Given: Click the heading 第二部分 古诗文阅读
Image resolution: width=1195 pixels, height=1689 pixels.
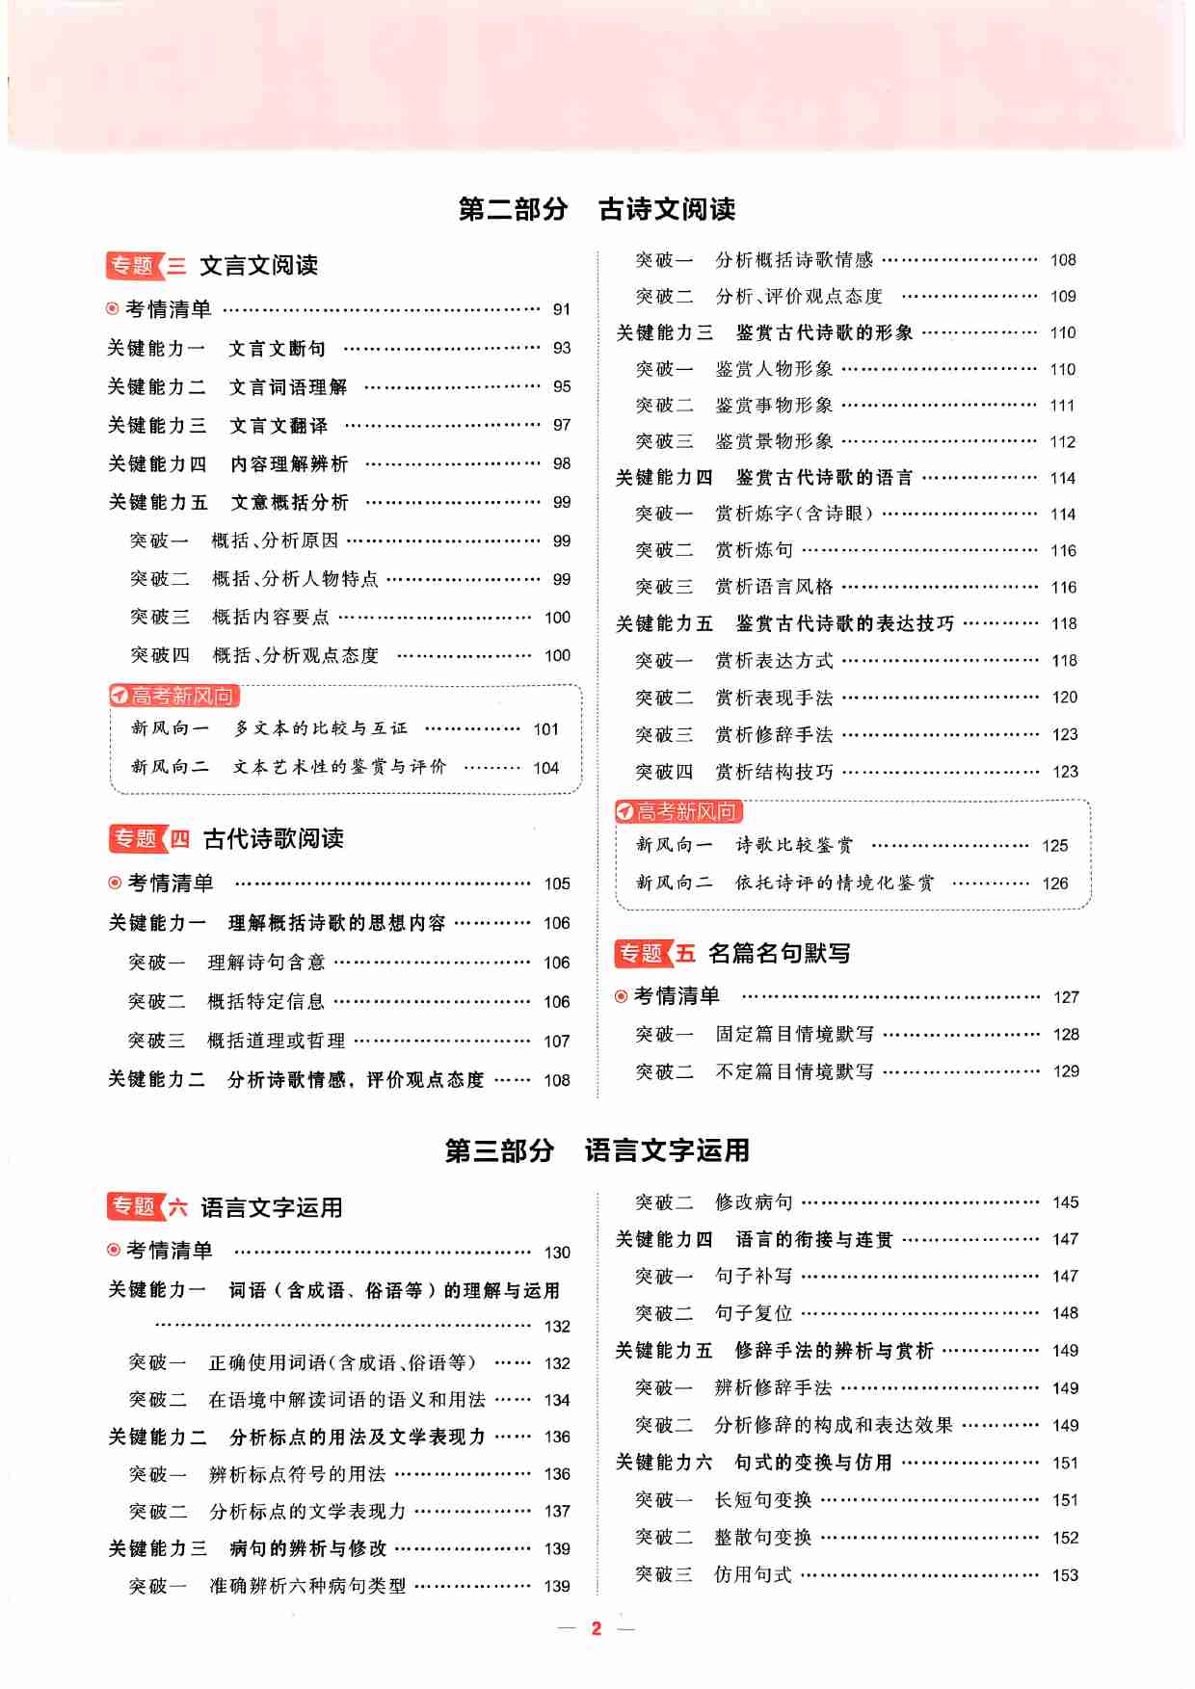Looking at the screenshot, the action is (x=597, y=209).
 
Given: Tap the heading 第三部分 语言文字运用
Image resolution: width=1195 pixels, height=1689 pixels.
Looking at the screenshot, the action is (x=597, y=1150).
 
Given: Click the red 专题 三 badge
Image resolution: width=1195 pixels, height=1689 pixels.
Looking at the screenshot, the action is (x=146, y=266).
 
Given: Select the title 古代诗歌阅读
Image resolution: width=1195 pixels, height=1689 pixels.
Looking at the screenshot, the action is (x=274, y=839).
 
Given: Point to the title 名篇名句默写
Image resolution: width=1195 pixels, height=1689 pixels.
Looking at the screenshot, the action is (x=779, y=954).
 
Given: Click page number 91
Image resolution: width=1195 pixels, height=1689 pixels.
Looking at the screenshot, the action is (x=561, y=309).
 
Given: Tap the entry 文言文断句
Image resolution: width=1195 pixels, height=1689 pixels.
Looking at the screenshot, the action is (x=278, y=348).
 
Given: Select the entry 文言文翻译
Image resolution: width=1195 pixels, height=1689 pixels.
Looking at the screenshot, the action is (x=279, y=425).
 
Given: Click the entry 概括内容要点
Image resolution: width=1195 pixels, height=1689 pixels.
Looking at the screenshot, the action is (x=271, y=617).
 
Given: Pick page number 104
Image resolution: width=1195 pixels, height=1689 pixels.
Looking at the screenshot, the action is (x=545, y=768).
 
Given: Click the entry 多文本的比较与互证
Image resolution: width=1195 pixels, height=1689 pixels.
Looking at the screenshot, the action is (x=321, y=728).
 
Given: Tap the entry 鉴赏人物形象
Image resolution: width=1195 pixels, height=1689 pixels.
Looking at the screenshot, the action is (x=774, y=369).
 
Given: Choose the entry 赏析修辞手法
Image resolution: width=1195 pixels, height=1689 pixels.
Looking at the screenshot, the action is (x=774, y=734).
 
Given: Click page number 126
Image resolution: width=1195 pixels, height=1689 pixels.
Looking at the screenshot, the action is (x=1054, y=884).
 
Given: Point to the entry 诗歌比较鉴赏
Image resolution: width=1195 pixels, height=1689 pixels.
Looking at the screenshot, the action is (x=794, y=845).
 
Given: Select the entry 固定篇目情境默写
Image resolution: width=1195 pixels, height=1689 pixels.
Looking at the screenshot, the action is (x=794, y=1034).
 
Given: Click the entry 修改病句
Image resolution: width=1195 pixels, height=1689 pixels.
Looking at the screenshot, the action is (x=754, y=1202).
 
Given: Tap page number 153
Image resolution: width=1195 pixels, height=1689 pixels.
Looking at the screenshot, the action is (x=1065, y=1575).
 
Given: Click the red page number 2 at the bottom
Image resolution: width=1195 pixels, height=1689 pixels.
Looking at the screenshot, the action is (x=597, y=1628).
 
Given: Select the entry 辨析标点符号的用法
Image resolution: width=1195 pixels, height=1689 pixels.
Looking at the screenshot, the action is (x=297, y=1474).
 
